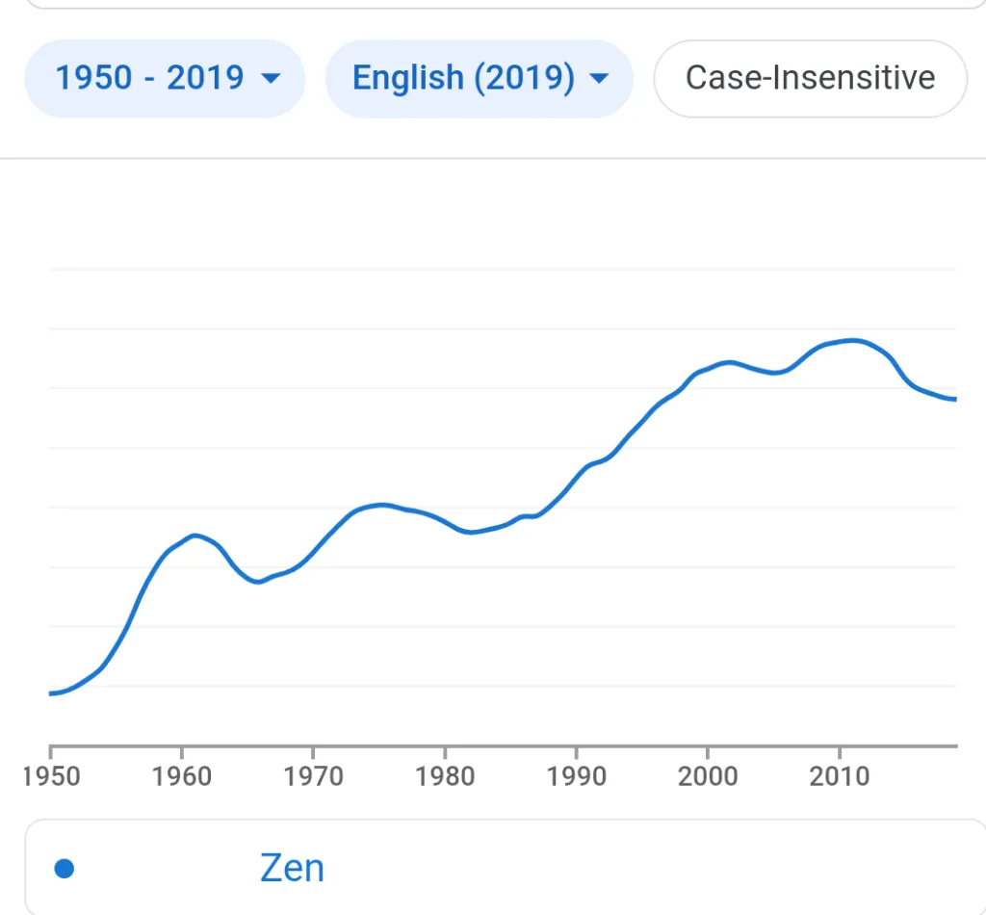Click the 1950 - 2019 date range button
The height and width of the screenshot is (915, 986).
click(x=165, y=78)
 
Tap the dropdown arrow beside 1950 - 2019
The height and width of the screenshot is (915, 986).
click(x=271, y=79)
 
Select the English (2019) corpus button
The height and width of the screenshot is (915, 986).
click(x=480, y=78)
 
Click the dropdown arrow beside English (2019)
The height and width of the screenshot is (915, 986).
click(x=599, y=79)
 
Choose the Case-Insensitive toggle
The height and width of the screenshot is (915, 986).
click(x=811, y=78)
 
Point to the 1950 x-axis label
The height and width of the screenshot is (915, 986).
click(x=51, y=776)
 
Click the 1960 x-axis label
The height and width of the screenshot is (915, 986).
click(x=182, y=776)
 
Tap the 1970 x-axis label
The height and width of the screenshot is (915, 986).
click(x=313, y=776)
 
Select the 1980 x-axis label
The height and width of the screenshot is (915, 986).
click(x=445, y=776)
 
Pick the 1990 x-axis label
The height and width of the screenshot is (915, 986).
click(x=576, y=776)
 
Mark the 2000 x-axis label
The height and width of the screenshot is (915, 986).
click(x=708, y=776)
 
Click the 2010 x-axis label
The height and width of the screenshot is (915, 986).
click(x=840, y=776)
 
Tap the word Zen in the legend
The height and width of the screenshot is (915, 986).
click(x=292, y=869)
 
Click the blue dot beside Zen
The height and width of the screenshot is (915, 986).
click(x=65, y=869)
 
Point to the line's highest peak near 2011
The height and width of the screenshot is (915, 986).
click(x=853, y=341)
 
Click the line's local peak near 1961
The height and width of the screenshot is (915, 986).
click(x=195, y=536)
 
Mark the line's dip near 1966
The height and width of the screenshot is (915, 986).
click(x=258, y=582)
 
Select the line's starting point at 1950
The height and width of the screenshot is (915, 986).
click(x=50, y=693)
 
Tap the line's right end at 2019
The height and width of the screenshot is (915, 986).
click(x=956, y=400)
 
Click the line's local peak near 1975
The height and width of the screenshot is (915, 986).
click(x=380, y=505)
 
